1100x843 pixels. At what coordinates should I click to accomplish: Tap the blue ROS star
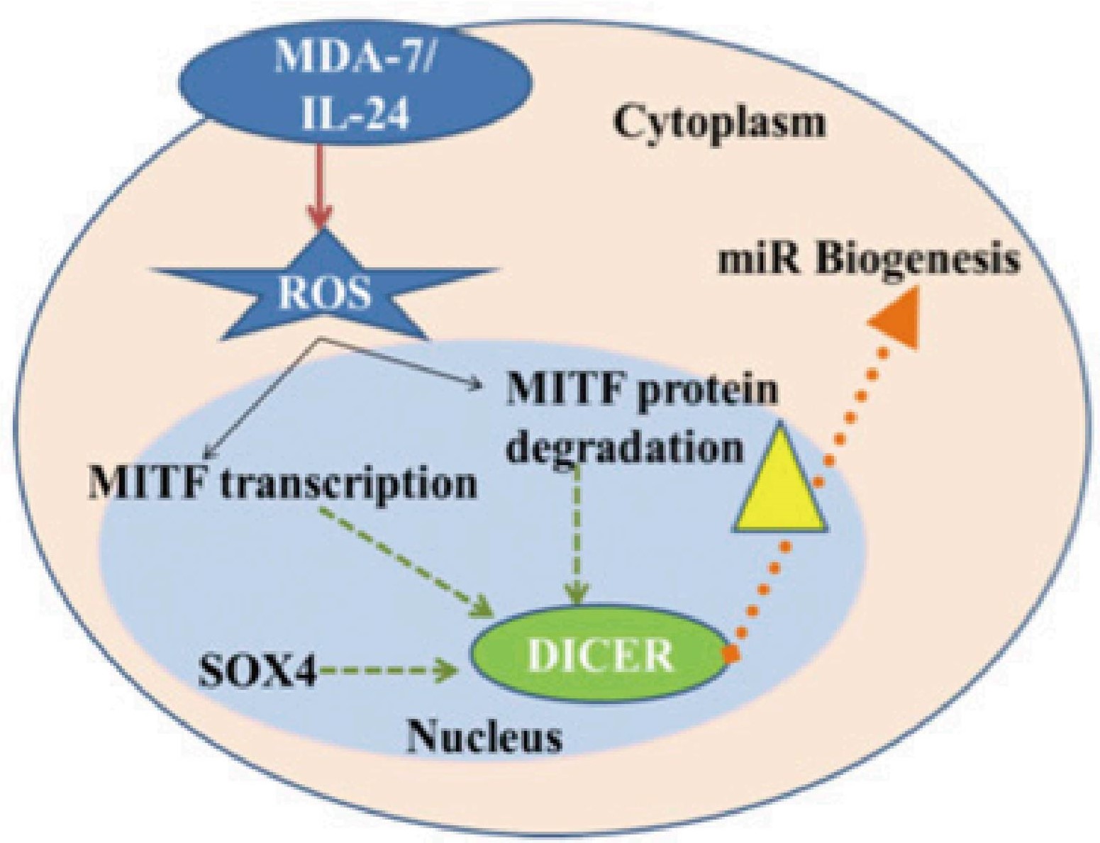pyautogui.click(x=323, y=291)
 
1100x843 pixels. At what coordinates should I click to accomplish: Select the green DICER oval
pyautogui.click(x=599, y=657)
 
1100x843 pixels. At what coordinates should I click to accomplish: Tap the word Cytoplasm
pyautogui.click(x=719, y=123)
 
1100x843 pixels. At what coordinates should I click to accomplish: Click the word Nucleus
pyautogui.click(x=484, y=737)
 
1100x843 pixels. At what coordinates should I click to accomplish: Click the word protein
pyautogui.click(x=704, y=392)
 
